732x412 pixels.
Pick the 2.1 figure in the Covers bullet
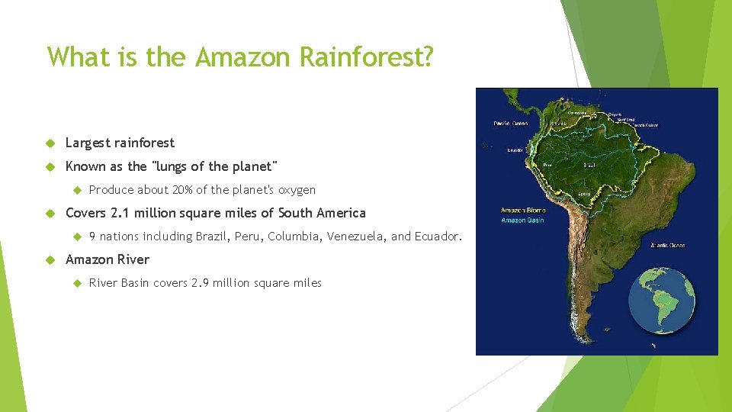click(120, 213)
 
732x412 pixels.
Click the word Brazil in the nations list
click(213, 237)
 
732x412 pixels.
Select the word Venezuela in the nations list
click(355, 237)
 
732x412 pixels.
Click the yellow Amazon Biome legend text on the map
click(524, 210)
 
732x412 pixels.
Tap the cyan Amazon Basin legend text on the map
click(523, 220)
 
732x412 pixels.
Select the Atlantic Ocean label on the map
click(667, 245)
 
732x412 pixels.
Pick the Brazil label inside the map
click(589, 164)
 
